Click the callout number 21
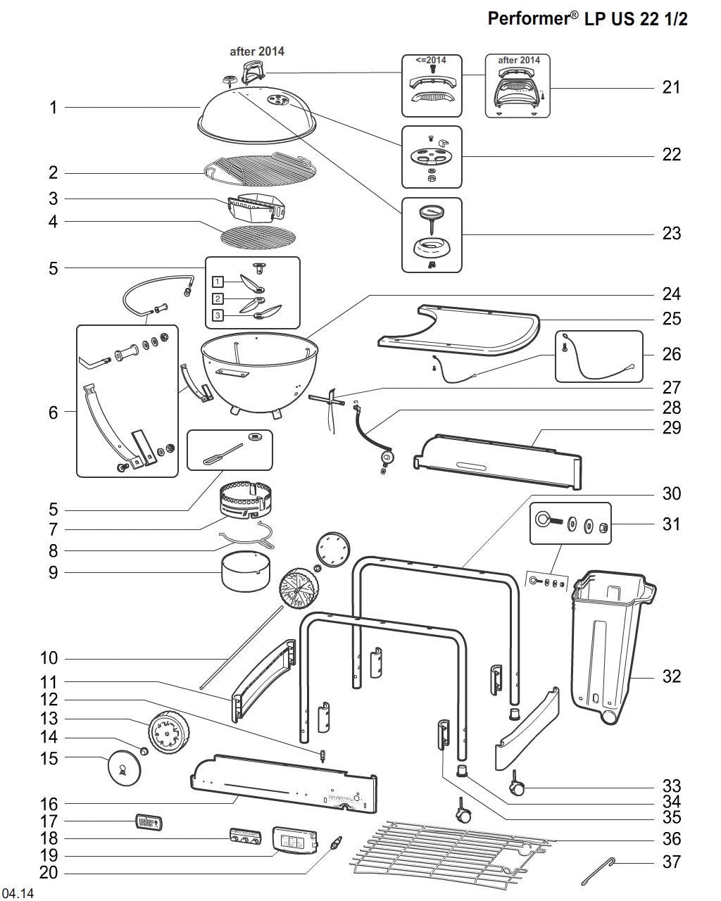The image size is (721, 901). pyautogui.click(x=671, y=87)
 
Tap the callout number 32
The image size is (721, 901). pyautogui.click(x=671, y=676)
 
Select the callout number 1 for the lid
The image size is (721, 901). pyautogui.click(x=53, y=108)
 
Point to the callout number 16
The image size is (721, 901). pyautogui.click(x=49, y=804)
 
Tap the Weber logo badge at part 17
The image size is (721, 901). pyautogui.click(x=149, y=821)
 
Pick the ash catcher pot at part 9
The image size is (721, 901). pyautogui.click(x=246, y=572)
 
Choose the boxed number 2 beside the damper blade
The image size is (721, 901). pyautogui.click(x=218, y=298)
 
